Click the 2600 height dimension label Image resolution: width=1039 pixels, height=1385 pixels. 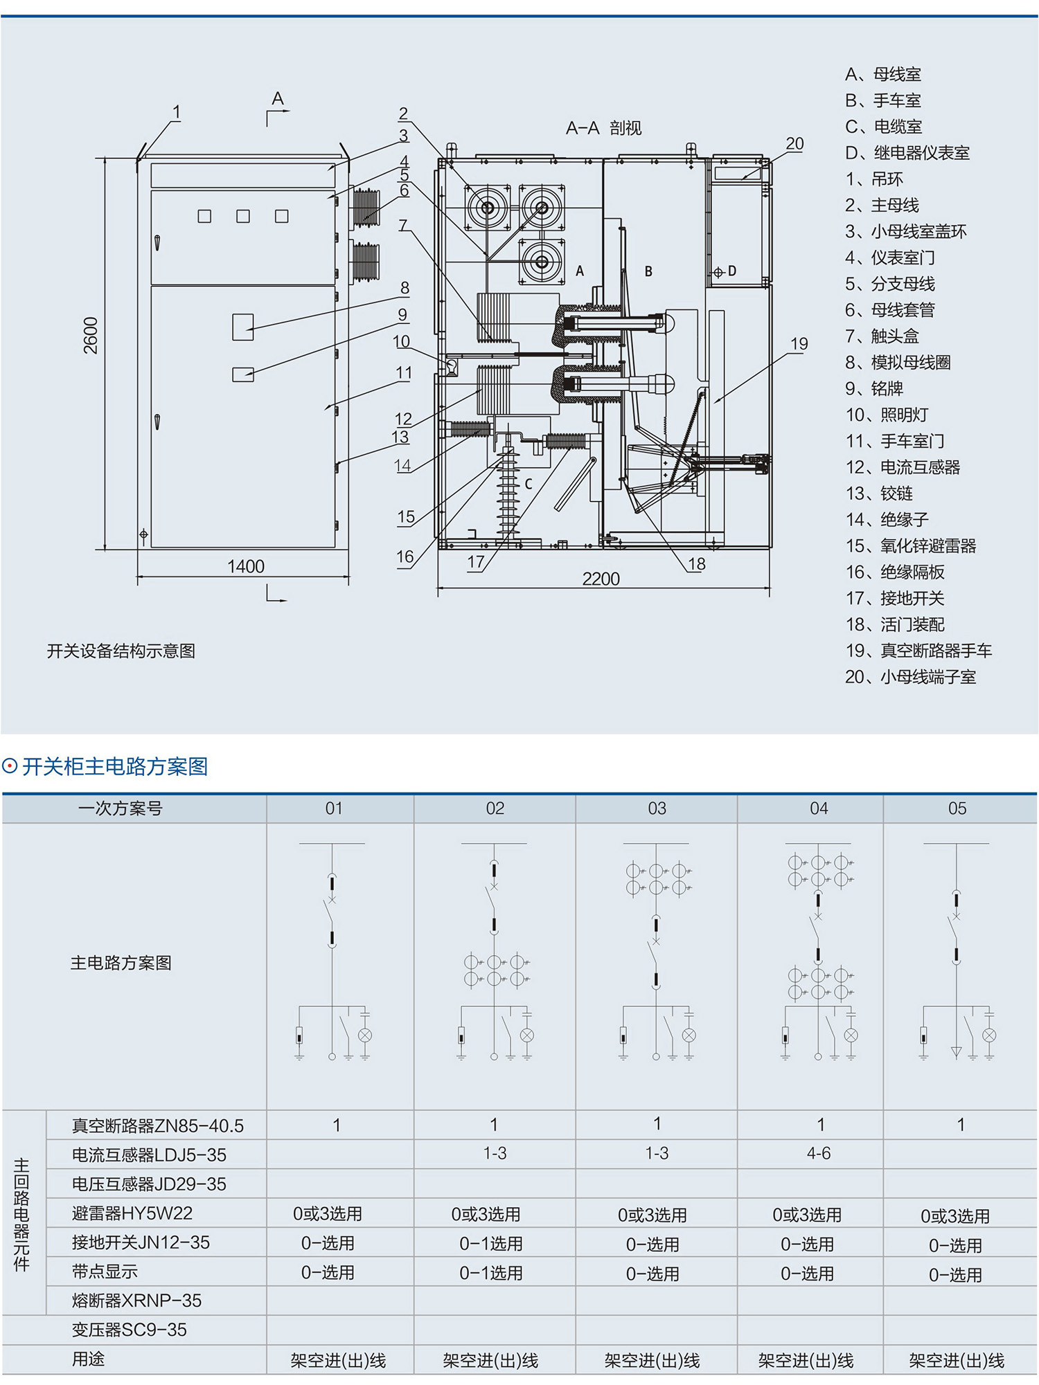coord(91,336)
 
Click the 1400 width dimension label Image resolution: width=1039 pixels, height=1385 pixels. coord(246,567)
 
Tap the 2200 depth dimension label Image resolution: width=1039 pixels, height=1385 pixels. coord(601,579)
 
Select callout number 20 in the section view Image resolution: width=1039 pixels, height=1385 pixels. coord(794,144)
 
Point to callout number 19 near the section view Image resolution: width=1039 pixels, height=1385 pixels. coord(799,344)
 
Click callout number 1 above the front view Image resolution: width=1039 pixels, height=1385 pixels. coord(177,112)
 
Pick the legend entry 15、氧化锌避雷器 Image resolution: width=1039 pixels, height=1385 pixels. coord(910,546)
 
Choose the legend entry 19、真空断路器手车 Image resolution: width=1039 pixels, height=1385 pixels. coord(918,651)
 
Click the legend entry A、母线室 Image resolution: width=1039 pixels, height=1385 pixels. coord(883,74)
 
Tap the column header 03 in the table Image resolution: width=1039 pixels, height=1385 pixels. coord(657,808)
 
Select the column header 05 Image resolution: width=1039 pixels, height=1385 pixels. coord(957,808)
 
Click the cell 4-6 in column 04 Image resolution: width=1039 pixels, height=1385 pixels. coord(819,1154)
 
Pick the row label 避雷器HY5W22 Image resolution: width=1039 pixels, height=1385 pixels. coord(132,1213)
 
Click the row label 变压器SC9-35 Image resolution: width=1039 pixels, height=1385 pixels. coord(130,1330)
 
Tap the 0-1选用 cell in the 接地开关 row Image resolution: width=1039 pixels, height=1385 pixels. coord(491,1244)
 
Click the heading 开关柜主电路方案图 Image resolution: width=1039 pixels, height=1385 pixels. coord(115,767)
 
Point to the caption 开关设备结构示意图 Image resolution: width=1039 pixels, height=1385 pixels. coord(121,651)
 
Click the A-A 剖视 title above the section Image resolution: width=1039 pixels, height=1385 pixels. coord(603,128)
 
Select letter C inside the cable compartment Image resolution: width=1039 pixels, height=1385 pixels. coord(529,484)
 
